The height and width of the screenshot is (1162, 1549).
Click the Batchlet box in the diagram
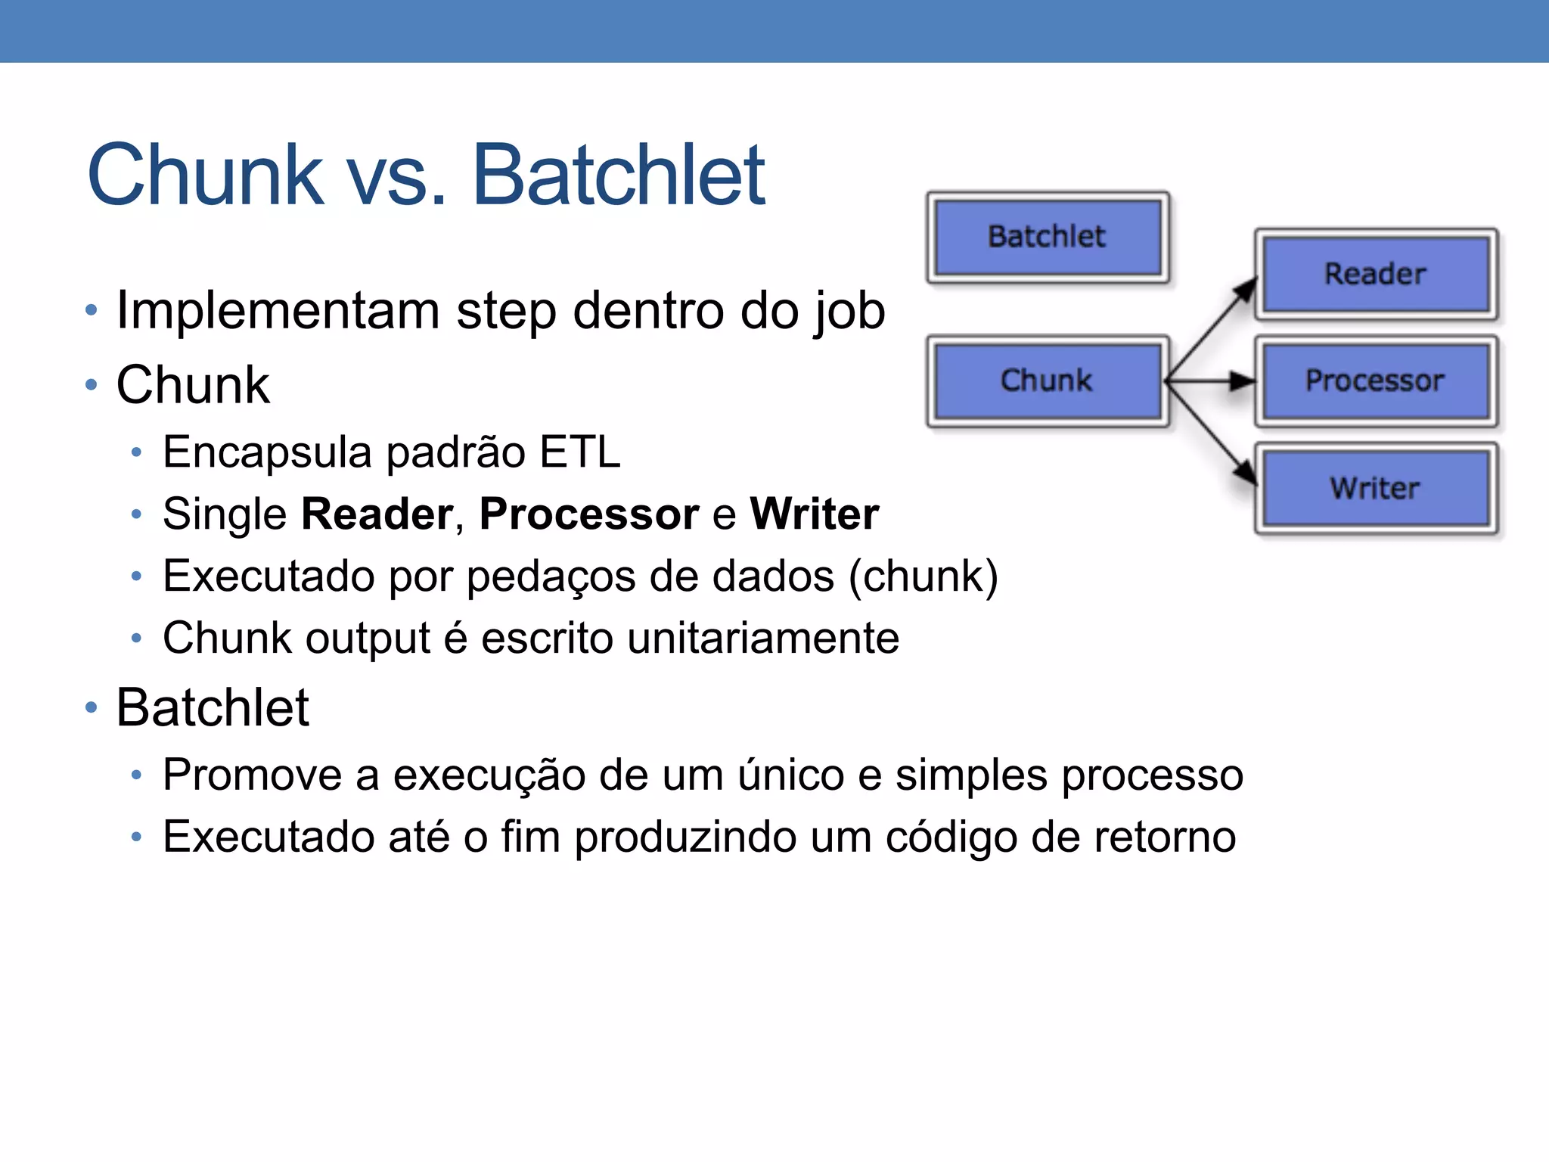(1048, 238)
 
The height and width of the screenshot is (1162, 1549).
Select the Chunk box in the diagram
(1048, 381)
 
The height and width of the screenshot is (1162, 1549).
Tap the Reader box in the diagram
(1376, 274)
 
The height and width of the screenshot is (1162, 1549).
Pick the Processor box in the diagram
(1376, 381)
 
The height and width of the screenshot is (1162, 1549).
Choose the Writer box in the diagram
(1376, 488)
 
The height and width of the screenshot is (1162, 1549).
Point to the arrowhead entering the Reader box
(1246, 289)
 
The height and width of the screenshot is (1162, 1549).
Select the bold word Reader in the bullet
(377, 514)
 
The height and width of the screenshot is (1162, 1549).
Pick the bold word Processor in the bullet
(589, 514)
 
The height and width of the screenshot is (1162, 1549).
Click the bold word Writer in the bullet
(815, 514)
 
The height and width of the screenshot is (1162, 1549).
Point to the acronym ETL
(580, 452)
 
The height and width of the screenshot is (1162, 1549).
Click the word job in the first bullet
(849, 311)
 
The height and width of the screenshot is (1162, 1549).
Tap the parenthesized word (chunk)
(924, 576)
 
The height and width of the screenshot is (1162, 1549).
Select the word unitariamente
(763, 638)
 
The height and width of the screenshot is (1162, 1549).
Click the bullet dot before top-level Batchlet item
(92, 707)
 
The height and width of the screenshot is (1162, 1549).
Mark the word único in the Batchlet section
(791, 775)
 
